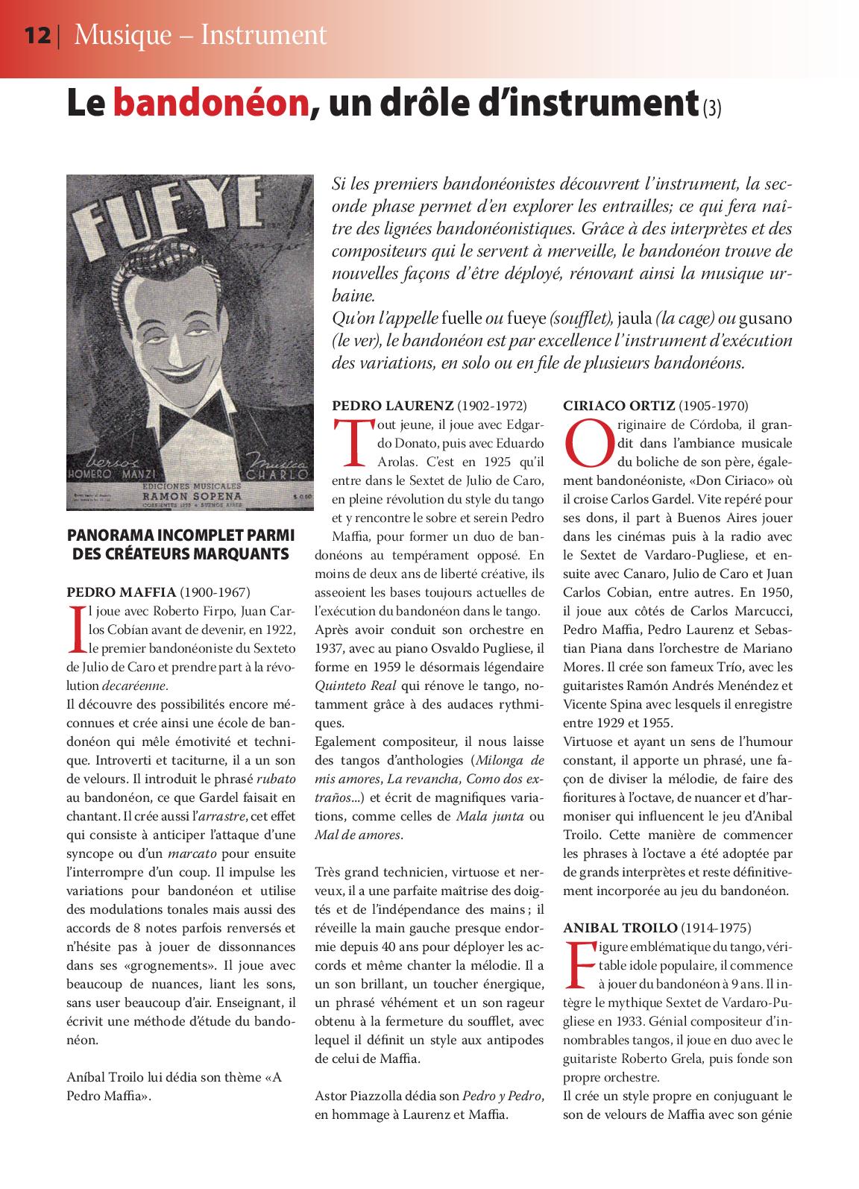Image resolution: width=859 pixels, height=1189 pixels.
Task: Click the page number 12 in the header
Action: (x=37, y=35)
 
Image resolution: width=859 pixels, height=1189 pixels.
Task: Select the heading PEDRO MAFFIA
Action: (x=122, y=593)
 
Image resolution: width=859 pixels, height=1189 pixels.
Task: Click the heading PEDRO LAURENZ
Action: (x=392, y=406)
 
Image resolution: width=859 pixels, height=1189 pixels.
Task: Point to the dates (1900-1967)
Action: (x=215, y=593)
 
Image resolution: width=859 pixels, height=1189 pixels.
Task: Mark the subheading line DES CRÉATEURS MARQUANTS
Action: (x=180, y=553)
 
